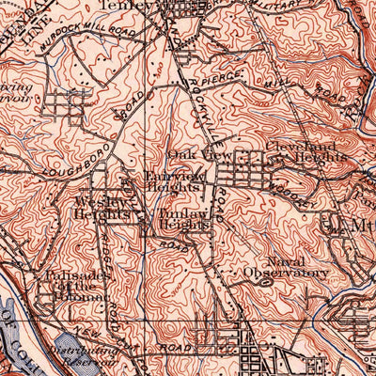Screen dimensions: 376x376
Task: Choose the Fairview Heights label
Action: [x=170, y=180]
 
